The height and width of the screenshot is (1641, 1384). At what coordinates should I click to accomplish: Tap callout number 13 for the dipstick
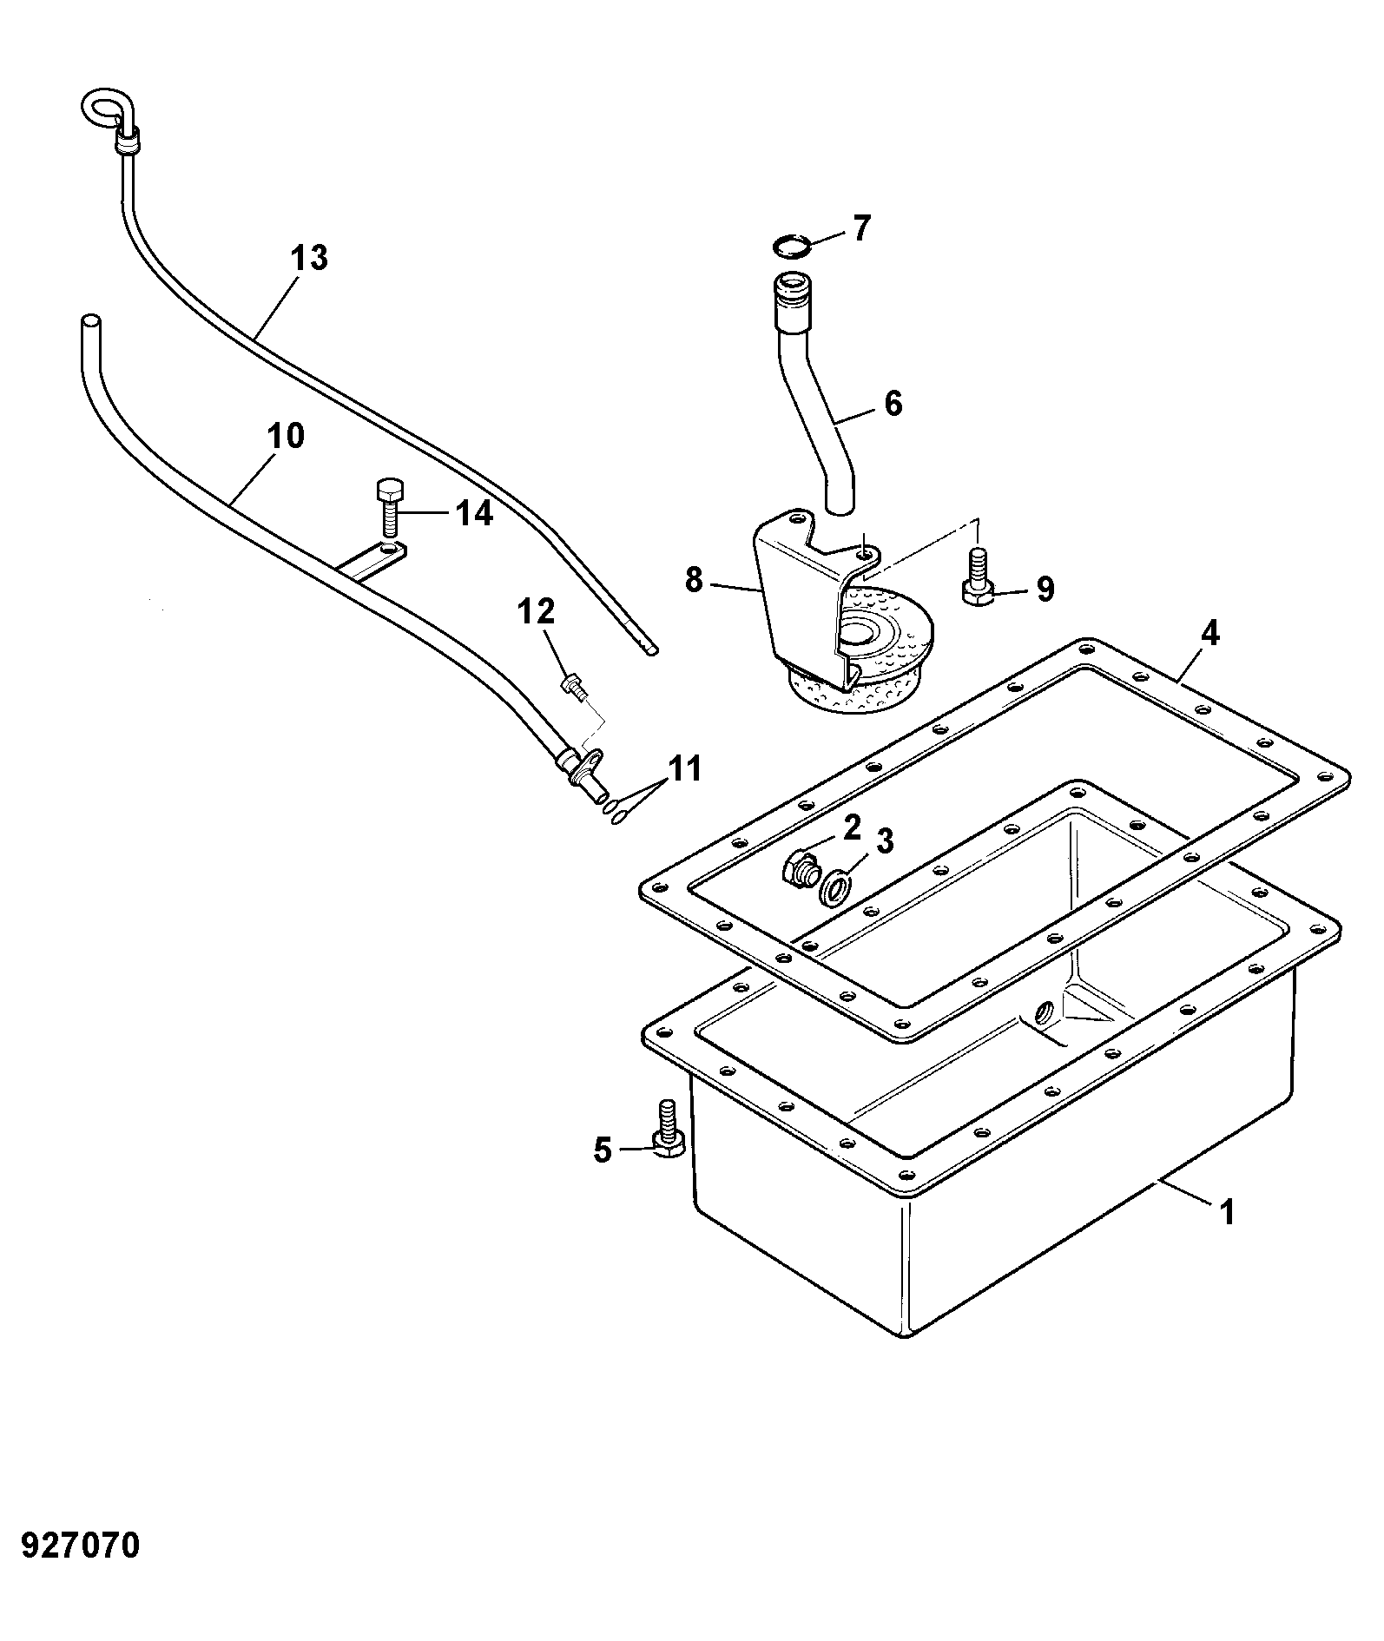[x=310, y=258]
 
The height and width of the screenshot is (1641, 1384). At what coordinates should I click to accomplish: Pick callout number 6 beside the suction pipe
[x=892, y=404]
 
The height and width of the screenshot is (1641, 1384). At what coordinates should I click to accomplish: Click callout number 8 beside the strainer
[x=693, y=579]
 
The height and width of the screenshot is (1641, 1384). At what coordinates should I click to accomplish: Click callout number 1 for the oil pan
[x=1226, y=1212]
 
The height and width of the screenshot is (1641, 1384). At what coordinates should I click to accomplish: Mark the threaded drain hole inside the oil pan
[x=1043, y=1012]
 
